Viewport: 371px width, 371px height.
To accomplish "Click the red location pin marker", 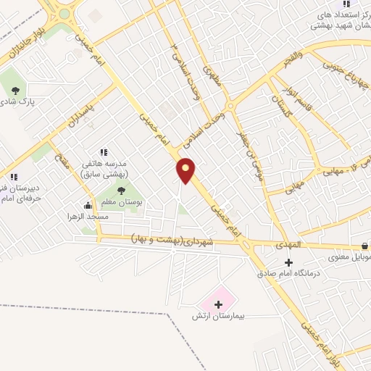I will coord(186,170).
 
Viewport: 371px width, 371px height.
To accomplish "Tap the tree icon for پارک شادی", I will coord(15,91).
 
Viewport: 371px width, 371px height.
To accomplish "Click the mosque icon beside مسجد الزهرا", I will coord(88,205).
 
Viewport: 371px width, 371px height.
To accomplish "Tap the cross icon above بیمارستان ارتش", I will coord(219,304).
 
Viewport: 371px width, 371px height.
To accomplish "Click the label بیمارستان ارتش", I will coord(220,317).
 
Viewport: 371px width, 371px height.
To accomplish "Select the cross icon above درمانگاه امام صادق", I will coord(289,262).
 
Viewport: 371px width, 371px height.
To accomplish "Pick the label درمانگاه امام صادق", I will coord(288,274).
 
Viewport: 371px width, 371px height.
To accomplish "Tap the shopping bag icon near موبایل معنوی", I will coord(364,246).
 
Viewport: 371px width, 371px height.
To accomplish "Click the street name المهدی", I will coord(288,246).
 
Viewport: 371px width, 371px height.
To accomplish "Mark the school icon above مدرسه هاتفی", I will coord(104,152).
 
